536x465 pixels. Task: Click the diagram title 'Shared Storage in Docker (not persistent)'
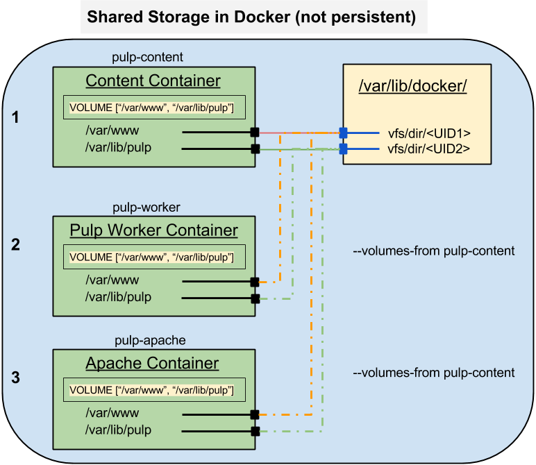[251, 17]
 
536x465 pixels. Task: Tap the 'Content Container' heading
[153, 81]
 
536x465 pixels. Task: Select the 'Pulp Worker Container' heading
[153, 230]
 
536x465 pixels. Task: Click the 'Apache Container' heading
[152, 363]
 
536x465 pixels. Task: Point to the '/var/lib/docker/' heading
[413, 87]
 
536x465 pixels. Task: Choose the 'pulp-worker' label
[147, 207]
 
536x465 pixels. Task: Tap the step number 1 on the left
[16, 119]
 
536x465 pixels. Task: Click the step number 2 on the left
[16, 244]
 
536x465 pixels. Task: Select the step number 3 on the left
[16, 378]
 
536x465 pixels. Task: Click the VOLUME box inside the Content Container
[153, 107]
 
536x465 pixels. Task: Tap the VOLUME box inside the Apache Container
[153, 390]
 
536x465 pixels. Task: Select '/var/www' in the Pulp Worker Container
[112, 280]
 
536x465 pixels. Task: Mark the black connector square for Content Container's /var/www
[255, 132]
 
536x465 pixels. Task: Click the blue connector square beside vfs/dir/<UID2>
[343, 149]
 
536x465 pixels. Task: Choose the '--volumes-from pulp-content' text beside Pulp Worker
[433, 251]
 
